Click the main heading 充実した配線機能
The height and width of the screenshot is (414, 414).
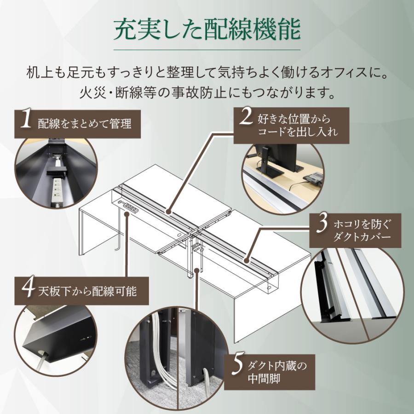207,30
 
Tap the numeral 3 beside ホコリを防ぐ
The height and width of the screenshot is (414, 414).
322,224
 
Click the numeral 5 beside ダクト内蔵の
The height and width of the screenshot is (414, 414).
237,367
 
